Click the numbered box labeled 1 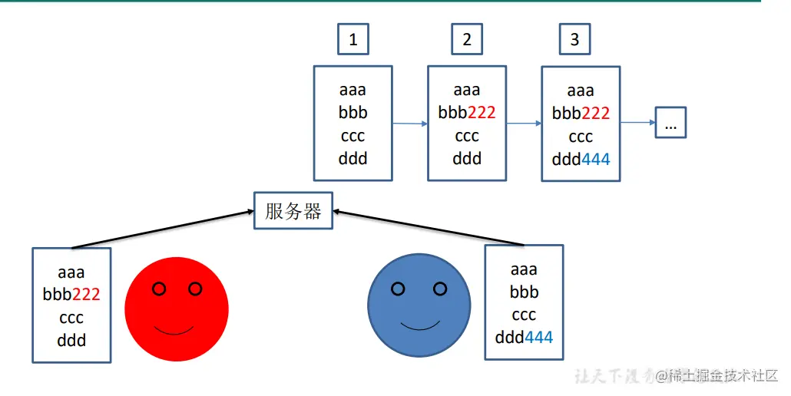(x=353, y=39)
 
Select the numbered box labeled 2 (x=467, y=39)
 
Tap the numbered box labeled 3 (x=574, y=39)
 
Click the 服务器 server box (x=293, y=211)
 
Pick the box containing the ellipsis (x=670, y=123)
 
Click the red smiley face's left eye (x=159, y=289)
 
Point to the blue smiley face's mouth (x=419, y=325)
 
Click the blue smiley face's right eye (x=440, y=289)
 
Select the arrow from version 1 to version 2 (x=409, y=123)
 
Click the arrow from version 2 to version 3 (x=523, y=123)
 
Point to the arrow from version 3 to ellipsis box (x=637, y=122)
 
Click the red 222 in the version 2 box (x=482, y=113)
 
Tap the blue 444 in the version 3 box (x=595, y=160)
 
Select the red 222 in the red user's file (x=86, y=294)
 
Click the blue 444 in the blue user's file (x=538, y=337)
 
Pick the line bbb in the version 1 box (x=353, y=113)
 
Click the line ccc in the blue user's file (x=524, y=315)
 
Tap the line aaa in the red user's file (x=71, y=272)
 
